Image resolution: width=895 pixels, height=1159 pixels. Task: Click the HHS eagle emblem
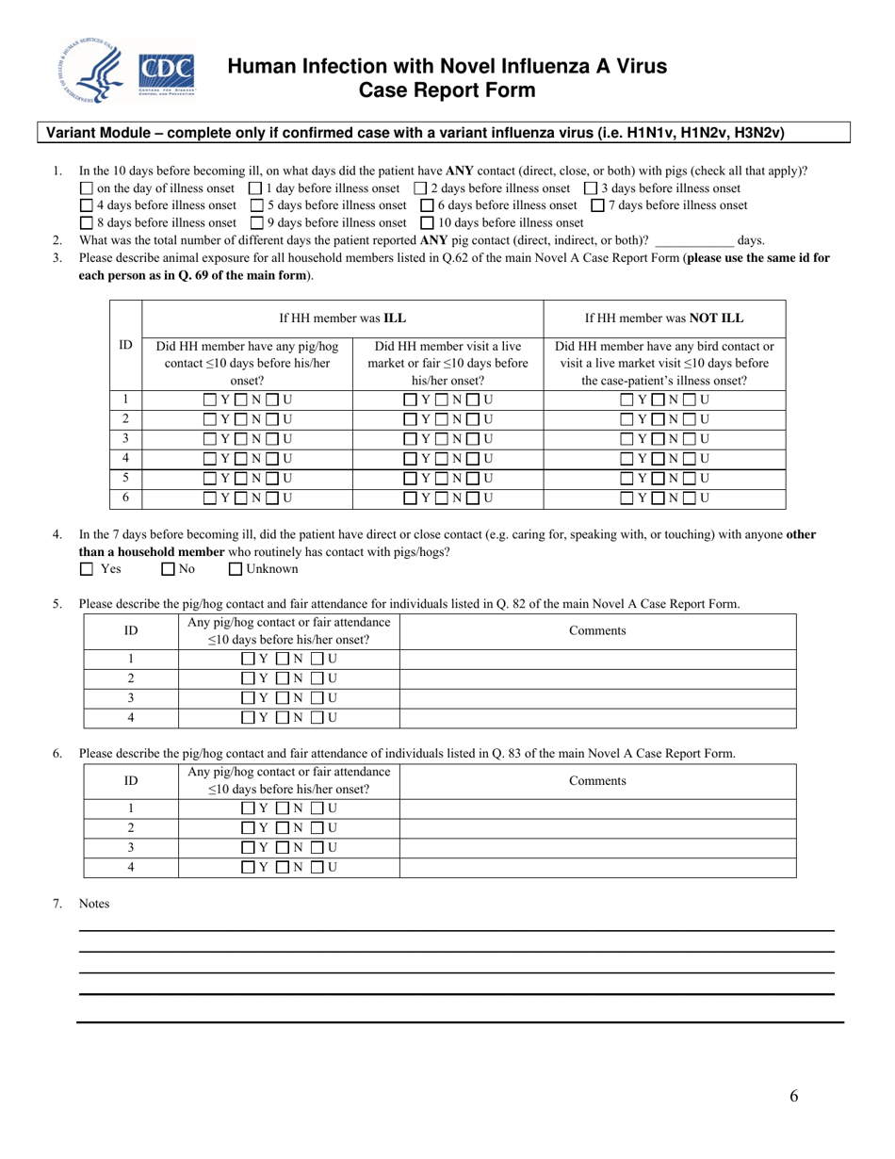pyautogui.click(x=91, y=73)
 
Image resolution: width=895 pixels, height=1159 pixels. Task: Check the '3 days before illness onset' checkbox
pyautogui.click(x=591, y=188)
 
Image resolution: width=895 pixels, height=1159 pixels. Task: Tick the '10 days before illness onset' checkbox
pyautogui.click(x=426, y=223)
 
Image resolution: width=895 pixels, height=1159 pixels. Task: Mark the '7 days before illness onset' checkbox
pyautogui.click(x=596, y=205)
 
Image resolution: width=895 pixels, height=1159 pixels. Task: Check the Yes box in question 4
pyautogui.click(x=87, y=569)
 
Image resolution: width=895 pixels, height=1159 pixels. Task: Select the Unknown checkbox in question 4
pyautogui.click(x=236, y=569)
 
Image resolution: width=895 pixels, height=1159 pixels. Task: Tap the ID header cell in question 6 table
pyautogui.click(x=132, y=780)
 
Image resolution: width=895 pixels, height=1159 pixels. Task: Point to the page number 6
pyautogui.click(x=794, y=1096)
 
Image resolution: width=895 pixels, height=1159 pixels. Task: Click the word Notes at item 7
pyautogui.click(x=94, y=904)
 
